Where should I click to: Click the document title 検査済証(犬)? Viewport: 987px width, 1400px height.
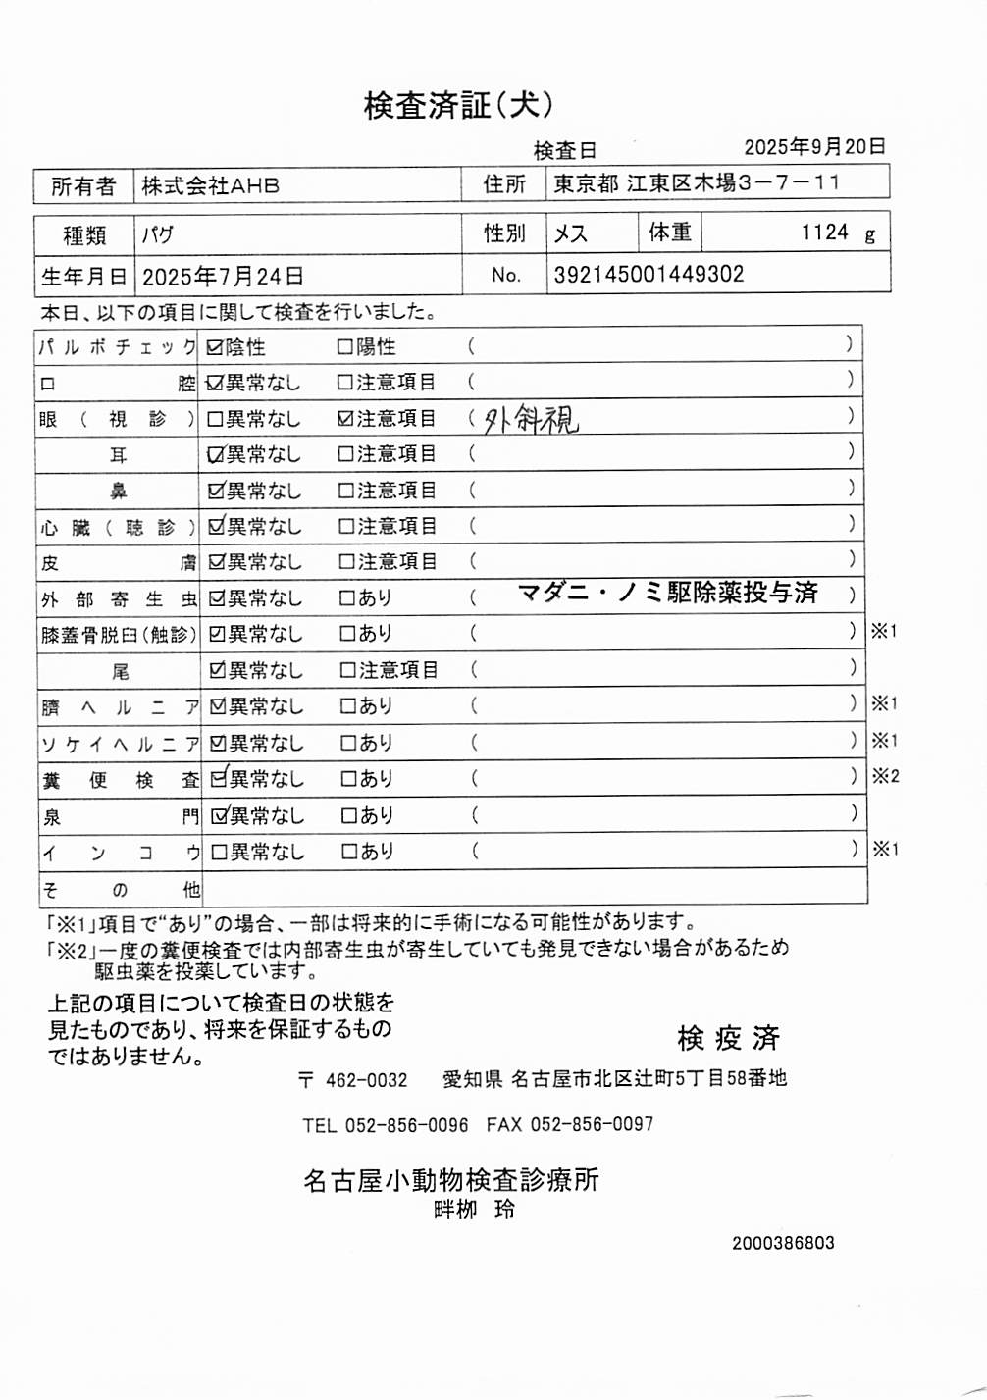(x=458, y=105)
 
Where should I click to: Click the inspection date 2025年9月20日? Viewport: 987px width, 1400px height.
(x=814, y=147)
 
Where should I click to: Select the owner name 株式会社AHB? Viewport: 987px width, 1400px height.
(x=210, y=185)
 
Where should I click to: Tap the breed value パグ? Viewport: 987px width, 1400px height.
(x=157, y=235)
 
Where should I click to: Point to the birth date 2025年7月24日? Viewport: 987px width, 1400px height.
(x=223, y=277)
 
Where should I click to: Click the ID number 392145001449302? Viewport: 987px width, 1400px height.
(x=649, y=275)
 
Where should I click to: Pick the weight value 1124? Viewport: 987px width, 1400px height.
(x=824, y=233)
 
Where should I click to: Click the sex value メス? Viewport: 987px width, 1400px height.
(x=570, y=233)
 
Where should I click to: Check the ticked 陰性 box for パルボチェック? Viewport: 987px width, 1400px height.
(x=215, y=347)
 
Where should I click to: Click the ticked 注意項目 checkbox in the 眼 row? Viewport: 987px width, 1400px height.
(x=345, y=419)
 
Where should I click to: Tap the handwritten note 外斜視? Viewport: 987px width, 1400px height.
(x=531, y=420)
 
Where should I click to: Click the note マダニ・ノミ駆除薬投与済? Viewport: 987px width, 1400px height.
(x=667, y=593)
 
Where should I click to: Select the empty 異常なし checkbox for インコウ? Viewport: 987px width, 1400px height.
(x=219, y=853)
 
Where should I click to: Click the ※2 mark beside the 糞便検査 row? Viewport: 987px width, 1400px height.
(x=885, y=776)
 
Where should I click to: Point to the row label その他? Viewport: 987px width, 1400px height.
(x=119, y=890)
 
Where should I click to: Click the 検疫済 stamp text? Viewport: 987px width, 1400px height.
(x=727, y=1038)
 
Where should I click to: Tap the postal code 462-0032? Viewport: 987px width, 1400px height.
(x=366, y=1080)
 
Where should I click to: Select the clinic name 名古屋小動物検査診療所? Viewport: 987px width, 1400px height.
(x=450, y=1180)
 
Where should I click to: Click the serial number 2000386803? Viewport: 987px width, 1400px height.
(x=783, y=1243)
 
